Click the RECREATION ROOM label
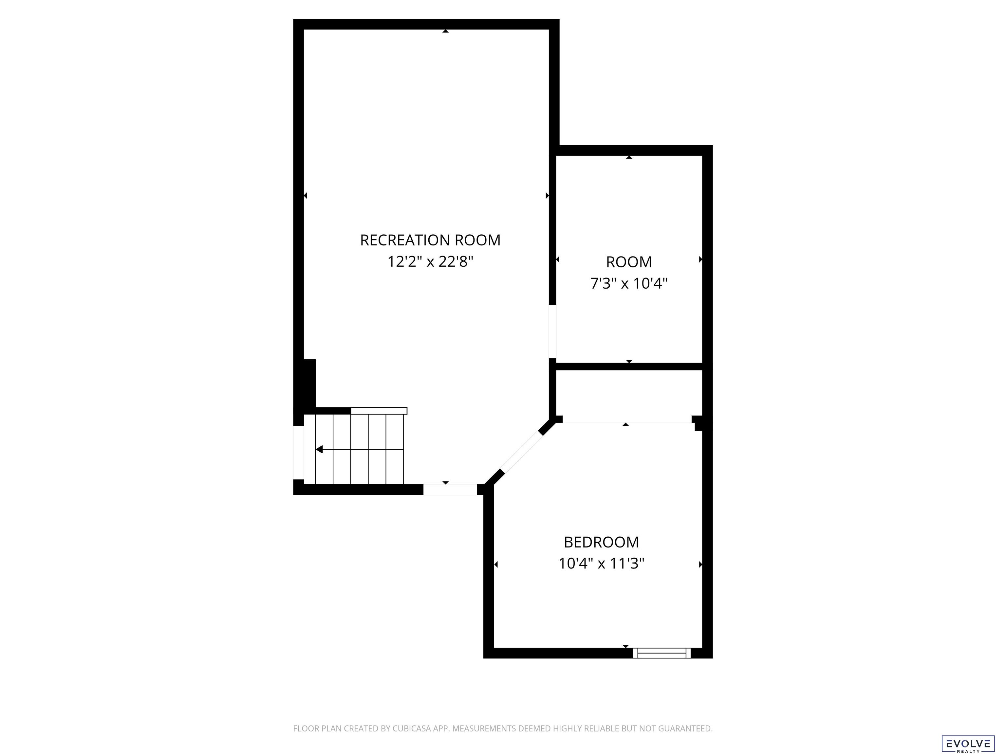point(430,240)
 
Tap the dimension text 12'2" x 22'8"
point(430,262)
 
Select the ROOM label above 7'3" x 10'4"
point(629,262)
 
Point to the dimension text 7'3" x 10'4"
point(629,284)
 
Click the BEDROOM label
point(601,542)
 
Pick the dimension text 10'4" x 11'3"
point(601,564)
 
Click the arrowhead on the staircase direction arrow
point(319,450)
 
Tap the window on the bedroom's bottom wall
point(662,653)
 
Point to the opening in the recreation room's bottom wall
point(450,490)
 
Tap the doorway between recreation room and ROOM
point(552,331)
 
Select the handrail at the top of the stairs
point(379,411)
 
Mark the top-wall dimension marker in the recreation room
point(446,31)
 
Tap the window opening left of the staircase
point(298,453)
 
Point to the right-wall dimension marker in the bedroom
point(700,565)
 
